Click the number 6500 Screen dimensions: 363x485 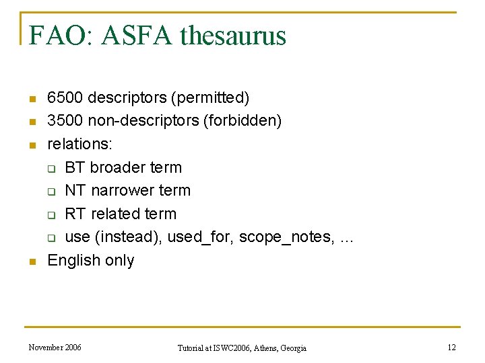[65, 98]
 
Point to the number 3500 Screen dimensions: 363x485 [65, 121]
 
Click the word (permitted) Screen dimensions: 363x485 [209, 98]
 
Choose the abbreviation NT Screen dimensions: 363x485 [75, 191]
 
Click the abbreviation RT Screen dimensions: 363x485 [75, 214]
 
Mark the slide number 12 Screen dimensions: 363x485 [452, 348]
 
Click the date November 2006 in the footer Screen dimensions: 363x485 [55, 348]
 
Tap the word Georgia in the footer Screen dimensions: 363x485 [292, 348]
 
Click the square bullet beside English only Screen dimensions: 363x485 [31, 261]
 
